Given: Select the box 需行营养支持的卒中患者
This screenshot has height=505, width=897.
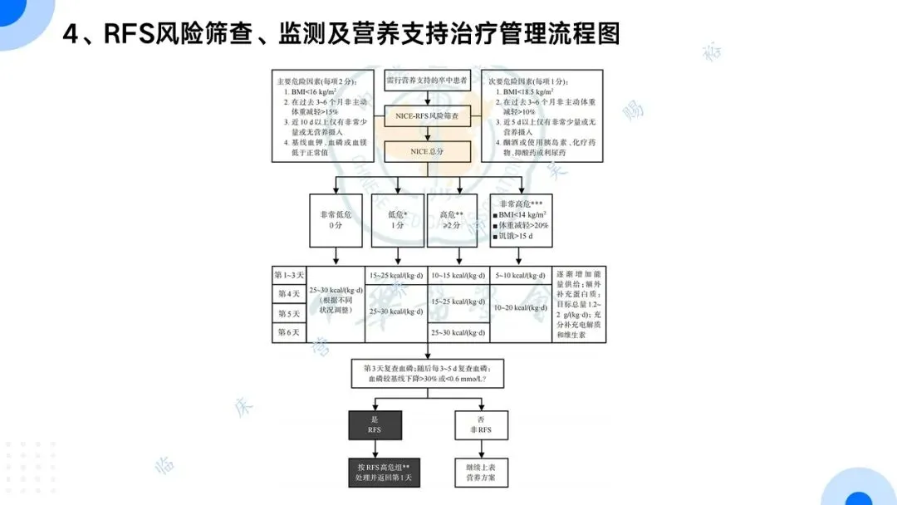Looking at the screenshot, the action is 427,81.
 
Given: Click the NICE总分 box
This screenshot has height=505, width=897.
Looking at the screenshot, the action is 427,152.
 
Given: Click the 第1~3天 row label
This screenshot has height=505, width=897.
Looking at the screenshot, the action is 289,275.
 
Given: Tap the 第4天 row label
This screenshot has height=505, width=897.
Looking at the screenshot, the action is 289,294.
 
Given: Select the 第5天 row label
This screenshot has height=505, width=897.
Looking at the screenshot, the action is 289,314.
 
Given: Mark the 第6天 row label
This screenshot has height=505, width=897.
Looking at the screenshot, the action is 289,333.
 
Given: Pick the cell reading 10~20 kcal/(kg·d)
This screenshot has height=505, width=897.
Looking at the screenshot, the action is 520,308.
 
